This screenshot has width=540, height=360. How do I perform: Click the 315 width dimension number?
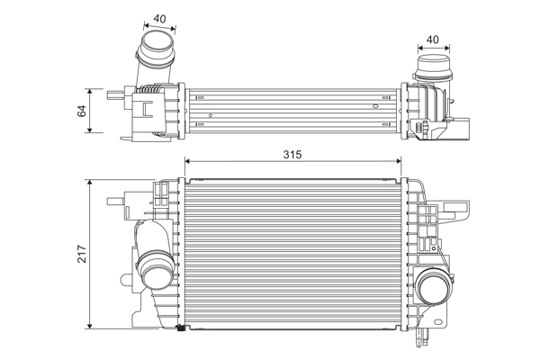coord(292,155)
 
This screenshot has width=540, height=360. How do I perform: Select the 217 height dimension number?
coord(82,254)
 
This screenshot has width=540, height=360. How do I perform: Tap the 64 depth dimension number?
coord(82,111)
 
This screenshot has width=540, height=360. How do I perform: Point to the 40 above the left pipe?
coord(159,19)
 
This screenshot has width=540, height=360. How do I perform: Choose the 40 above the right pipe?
coord(433,40)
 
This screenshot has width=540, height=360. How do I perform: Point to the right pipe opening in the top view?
coord(434,63)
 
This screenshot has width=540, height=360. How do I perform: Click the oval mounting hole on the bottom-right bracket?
coord(438,322)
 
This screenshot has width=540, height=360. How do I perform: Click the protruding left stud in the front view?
coord(115,202)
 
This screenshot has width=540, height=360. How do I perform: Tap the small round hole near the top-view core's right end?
coord(375,106)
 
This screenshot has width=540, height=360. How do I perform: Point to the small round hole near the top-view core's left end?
coord(211,115)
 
